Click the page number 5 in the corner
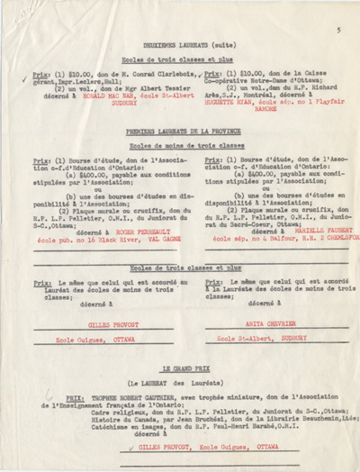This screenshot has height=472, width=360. tap(338, 29)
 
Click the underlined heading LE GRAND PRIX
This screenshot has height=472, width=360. tap(180, 370)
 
